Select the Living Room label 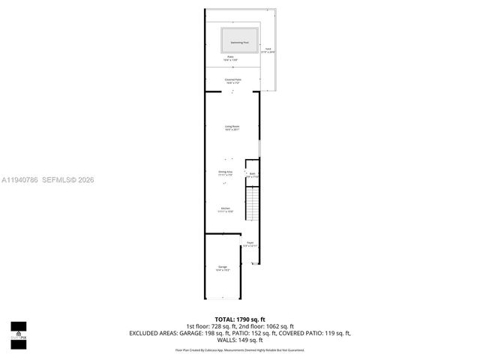pos(232,127)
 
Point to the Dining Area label pos(226,172)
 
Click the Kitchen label pos(226,209)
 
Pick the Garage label pos(223,268)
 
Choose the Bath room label pos(253,175)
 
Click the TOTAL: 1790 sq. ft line pos(239,319)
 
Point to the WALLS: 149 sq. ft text pos(239,340)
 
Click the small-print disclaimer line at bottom pos(239,349)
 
